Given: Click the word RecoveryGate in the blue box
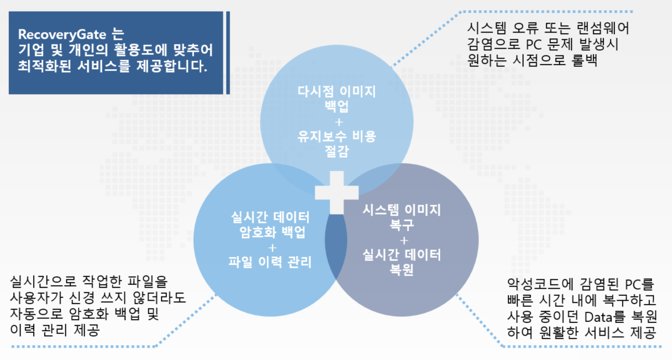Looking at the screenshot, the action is (62, 34).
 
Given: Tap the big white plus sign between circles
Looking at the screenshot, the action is (337, 192).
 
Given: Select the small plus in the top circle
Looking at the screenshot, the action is (339, 122).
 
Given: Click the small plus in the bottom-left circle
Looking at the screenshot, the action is (273, 248).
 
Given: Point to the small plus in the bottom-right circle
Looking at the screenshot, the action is (404, 241).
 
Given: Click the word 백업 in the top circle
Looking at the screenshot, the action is (337, 106).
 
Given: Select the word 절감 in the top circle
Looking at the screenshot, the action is (337, 151).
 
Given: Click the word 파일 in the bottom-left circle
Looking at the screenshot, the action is (240, 262).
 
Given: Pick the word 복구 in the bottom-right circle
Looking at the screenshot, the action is (402, 225).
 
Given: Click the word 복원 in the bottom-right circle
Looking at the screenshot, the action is (402, 269).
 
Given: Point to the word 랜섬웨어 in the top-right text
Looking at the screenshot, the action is (603, 28).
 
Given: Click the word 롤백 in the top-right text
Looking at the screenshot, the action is (585, 60).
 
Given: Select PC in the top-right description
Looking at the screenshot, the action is (534, 44).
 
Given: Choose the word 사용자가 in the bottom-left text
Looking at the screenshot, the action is (37, 298).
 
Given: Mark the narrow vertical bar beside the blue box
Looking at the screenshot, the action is (228, 53).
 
